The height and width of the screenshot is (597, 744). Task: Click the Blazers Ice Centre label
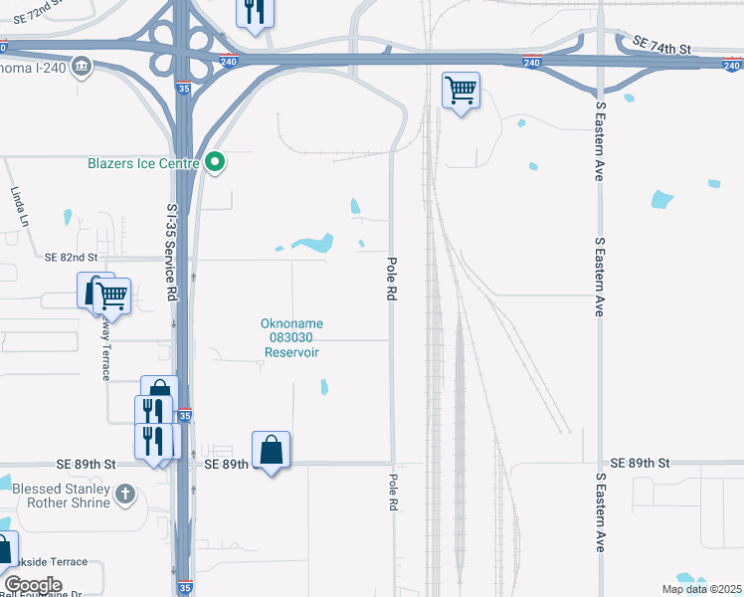point(143,164)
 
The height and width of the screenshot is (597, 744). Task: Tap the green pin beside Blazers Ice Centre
point(215,164)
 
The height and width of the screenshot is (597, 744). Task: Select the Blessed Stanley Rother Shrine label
point(63,495)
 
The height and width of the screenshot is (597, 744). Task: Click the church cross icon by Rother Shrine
point(125,493)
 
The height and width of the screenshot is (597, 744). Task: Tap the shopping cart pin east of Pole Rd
point(461,91)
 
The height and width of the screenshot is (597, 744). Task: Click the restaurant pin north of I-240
point(254,12)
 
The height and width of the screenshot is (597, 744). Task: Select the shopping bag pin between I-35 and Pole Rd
point(272,450)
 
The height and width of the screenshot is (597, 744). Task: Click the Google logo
point(33,585)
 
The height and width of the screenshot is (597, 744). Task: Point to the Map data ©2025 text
point(700,589)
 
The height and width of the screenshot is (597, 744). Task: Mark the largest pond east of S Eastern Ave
point(661,199)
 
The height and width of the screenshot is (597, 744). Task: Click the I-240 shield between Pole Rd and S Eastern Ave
point(531,62)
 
